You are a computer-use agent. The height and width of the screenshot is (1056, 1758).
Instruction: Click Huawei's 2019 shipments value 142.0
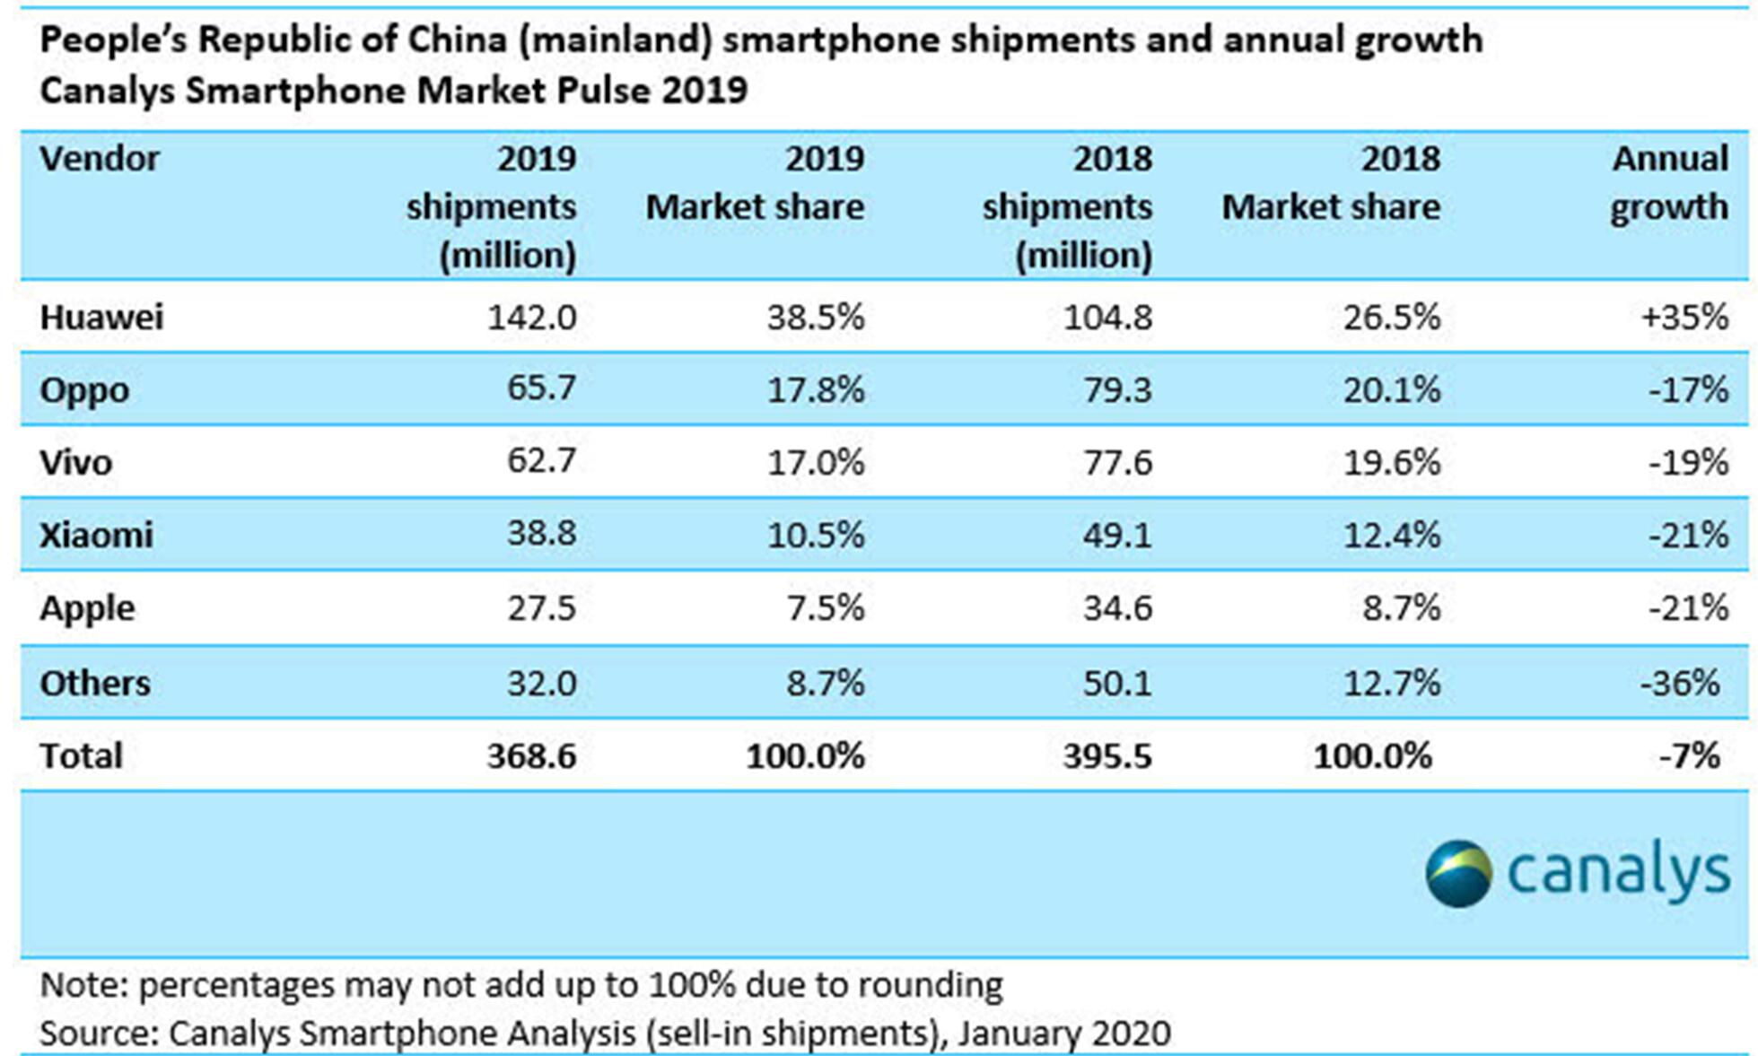[531, 317]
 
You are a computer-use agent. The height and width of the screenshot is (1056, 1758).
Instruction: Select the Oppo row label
[84, 390]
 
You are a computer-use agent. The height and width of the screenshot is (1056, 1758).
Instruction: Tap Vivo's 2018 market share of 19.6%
[1391, 462]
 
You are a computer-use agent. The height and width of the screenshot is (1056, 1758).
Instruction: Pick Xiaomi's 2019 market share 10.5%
[815, 535]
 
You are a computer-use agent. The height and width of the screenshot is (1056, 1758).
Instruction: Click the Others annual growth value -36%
[1679, 683]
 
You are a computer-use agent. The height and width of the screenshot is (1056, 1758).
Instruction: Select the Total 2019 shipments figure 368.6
[531, 755]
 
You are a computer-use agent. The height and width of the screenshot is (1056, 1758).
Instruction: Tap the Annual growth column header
[1669, 183]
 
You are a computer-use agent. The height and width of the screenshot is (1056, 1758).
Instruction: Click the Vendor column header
[100, 159]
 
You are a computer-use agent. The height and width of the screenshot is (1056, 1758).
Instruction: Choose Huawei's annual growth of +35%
[1684, 317]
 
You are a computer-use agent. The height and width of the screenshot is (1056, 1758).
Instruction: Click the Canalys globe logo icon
[1458, 872]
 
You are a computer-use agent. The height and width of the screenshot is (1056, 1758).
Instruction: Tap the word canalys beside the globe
[1618, 870]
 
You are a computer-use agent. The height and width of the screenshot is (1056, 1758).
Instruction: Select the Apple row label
[87, 608]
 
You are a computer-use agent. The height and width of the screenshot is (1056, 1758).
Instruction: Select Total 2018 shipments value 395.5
[1107, 755]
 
